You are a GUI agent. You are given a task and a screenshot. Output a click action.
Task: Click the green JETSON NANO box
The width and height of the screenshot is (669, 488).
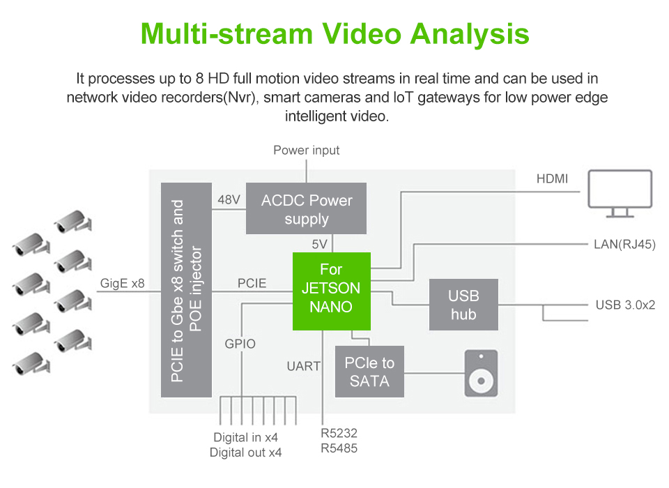[331, 290]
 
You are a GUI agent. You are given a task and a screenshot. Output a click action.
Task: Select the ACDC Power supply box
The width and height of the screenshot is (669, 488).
[307, 209]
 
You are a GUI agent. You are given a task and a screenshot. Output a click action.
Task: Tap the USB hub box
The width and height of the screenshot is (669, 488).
[463, 305]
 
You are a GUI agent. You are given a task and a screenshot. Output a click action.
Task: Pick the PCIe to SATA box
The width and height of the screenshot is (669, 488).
[369, 372]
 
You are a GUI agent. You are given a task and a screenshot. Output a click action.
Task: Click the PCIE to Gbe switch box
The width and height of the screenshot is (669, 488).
[186, 290]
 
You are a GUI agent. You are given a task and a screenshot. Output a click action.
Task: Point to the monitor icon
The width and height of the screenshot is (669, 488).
[620, 192]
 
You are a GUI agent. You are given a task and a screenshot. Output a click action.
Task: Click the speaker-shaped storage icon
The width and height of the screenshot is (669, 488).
[481, 373]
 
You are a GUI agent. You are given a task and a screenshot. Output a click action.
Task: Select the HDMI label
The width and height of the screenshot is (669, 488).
[552, 179]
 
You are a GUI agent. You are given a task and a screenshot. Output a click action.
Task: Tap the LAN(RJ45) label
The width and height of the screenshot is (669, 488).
[624, 244]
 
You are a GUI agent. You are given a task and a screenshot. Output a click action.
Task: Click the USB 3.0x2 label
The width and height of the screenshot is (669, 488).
[625, 305]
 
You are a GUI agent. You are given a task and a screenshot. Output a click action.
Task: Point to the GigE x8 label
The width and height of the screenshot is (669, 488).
[122, 284]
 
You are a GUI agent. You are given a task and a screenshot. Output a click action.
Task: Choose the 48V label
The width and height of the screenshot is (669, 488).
[229, 200]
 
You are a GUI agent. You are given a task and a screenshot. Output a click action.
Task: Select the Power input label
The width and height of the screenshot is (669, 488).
[307, 151]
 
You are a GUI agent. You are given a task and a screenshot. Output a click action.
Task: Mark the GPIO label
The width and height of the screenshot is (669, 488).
[240, 344]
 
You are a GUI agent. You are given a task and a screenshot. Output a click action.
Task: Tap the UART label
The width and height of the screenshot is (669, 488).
[304, 365]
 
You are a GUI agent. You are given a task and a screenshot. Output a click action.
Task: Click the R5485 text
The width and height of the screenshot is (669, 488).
[339, 448]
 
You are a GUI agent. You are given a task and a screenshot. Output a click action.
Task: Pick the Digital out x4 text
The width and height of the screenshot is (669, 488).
[246, 453]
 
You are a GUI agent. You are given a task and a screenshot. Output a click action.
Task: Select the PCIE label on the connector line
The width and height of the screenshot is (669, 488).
[252, 284]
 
